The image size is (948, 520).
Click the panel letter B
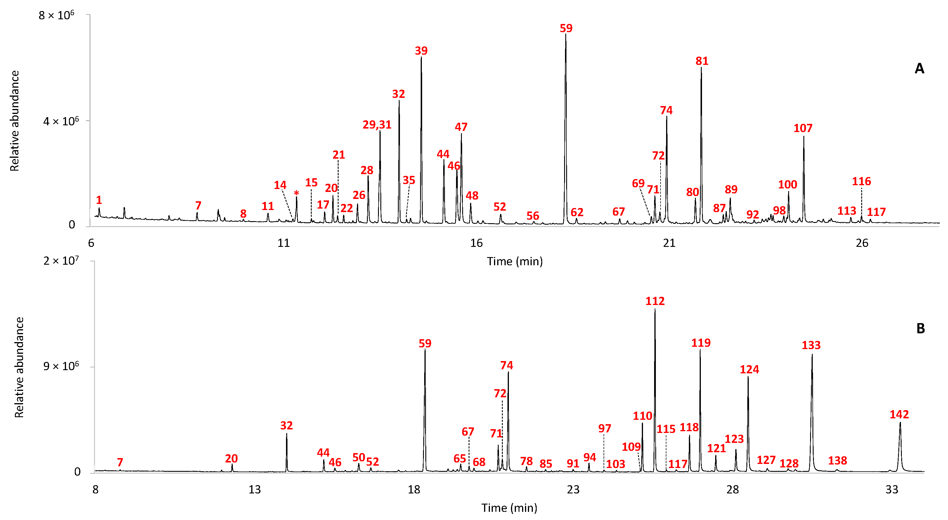921,328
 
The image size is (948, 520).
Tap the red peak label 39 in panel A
421,51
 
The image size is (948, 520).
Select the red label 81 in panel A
702,61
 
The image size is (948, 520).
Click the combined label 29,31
377,125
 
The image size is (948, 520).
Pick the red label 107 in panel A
803,129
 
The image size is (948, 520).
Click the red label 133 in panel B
811,345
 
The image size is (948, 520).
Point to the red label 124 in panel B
749,370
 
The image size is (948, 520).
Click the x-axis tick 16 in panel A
476,243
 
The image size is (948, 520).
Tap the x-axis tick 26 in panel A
862,243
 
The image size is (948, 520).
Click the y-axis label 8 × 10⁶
56,15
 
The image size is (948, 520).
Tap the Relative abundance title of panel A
14,121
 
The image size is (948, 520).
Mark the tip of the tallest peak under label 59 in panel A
566,34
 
